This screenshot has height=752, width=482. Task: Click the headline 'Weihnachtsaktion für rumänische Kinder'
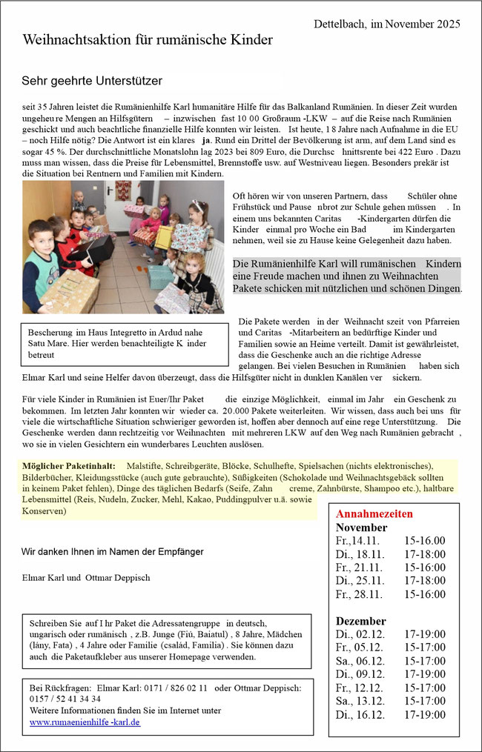click(148, 39)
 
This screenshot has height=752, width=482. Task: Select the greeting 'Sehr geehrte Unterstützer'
click(92, 79)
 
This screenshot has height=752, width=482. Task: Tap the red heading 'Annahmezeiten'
click(374, 513)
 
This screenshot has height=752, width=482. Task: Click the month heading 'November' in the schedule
click(363, 527)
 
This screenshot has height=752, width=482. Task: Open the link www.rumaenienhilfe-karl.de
click(85, 722)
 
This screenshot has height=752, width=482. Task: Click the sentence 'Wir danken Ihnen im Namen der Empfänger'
click(113, 551)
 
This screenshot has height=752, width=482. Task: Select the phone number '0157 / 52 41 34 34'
click(65, 699)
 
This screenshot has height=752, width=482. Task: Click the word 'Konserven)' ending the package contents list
click(44, 511)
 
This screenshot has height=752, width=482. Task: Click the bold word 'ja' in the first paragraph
click(208, 140)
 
